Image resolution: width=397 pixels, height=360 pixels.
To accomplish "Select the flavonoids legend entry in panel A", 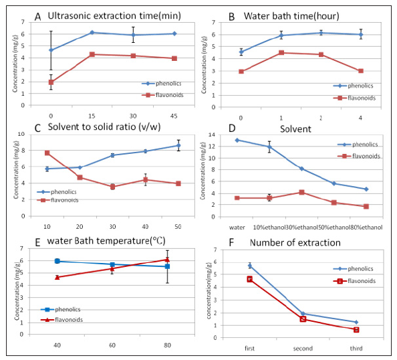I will click(157, 95).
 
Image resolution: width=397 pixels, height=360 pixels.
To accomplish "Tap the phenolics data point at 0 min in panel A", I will click(51, 50).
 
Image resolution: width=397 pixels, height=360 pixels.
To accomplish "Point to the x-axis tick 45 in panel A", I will click(174, 112).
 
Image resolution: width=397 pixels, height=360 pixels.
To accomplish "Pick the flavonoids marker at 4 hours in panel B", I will click(360, 71).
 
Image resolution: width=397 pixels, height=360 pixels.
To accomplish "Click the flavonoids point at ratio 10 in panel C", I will click(47, 153).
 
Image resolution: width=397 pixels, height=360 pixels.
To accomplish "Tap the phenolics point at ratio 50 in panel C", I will click(178, 145).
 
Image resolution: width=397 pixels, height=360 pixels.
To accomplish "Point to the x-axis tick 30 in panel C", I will click(112, 223).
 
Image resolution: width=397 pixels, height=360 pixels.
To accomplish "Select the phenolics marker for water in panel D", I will click(237, 140).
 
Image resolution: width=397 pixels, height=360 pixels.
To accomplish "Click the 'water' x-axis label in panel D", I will click(237, 227).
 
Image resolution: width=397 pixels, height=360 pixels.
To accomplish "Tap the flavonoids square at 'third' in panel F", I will click(356, 329).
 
